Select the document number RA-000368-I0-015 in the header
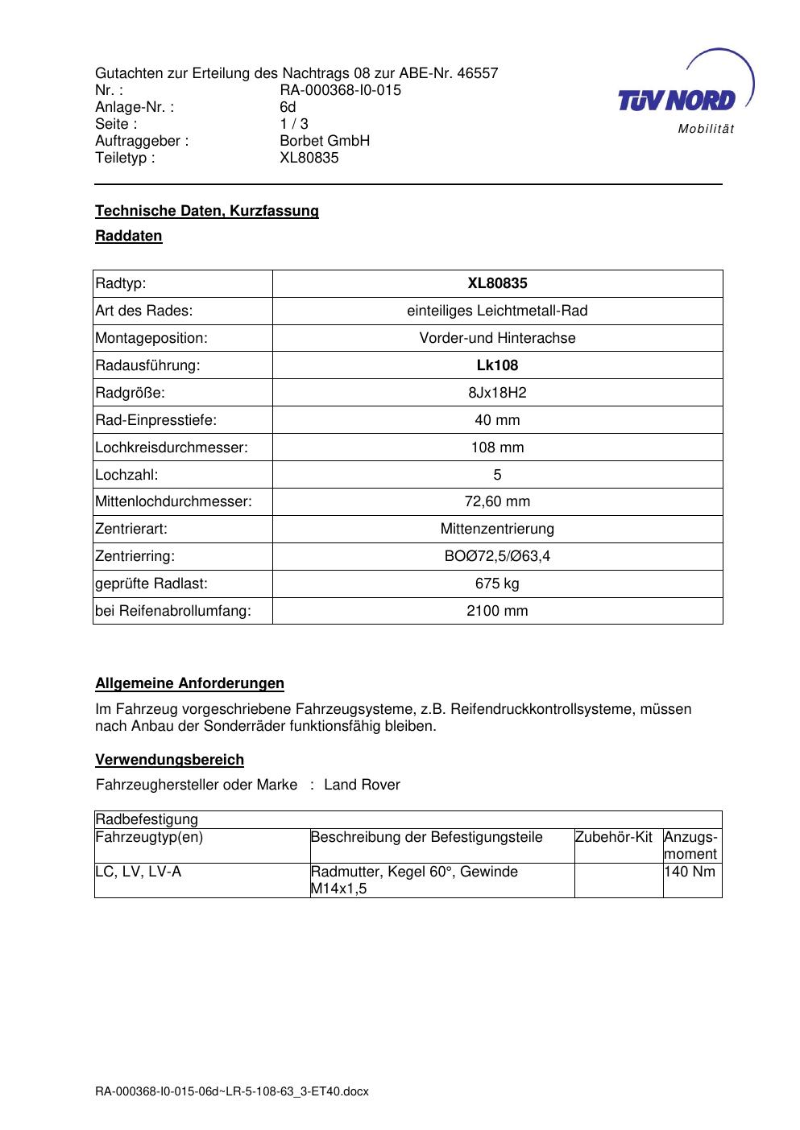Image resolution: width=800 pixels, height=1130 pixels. click(x=340, y=90)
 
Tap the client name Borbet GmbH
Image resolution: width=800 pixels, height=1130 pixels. click(x=324, y=141)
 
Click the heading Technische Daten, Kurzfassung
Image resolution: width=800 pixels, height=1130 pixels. click(x=207, y=211)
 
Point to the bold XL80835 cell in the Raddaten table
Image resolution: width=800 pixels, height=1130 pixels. click(x=497, y=283)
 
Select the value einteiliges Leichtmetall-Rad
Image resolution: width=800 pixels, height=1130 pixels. click(x=497, y=311)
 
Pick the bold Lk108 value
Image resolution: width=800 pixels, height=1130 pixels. click(x=497, y=365)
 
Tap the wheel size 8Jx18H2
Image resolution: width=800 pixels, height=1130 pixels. click(x=497, y=393)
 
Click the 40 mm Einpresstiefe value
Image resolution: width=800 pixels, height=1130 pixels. click(x=497, y=420)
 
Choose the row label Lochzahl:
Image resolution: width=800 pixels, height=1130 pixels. click(x=126, y=475)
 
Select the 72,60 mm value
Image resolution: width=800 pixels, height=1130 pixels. click(x=497, y=501)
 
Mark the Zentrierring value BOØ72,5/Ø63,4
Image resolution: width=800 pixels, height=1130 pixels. click(x=497, y=556)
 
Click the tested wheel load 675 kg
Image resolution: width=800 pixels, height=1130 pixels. click(x=497, y=584)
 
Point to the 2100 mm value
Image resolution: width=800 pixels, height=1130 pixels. click(x=497, y=611)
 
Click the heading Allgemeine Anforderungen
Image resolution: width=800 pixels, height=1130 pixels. click(x=189, y=683)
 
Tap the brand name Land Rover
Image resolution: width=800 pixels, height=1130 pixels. click(x=362, y=785)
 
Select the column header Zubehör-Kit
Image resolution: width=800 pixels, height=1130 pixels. click(x=614, y=837)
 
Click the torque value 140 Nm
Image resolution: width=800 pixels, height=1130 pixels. click(x=690, y=872)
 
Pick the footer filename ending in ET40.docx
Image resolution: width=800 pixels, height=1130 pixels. click(x=232, y=1091)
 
